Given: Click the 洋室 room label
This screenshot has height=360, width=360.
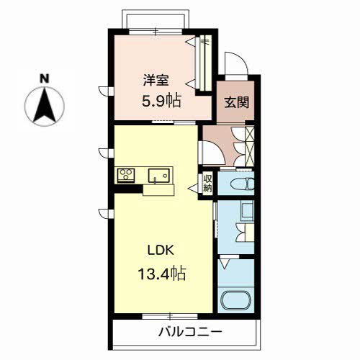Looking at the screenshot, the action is coord(156,80).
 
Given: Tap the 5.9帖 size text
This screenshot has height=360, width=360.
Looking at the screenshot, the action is coord(161,101).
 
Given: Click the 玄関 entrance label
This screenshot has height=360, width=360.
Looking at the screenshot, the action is coord(236,102).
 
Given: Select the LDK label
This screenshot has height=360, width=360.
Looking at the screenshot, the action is coord(161,251).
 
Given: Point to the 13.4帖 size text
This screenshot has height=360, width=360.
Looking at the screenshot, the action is coord(162,274).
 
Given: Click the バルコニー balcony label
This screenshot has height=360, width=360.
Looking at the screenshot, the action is coord(190,332).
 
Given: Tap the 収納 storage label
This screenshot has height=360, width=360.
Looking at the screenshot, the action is coord(207,183).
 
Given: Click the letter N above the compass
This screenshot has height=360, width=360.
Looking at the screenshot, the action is coord(44,78).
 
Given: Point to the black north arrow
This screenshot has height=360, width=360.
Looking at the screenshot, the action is coord(45,105).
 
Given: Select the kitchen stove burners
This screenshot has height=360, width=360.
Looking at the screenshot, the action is coord(126,176).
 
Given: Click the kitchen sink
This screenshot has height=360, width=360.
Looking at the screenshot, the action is coord(158,176).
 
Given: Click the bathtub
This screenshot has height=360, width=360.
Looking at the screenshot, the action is coord(236,301).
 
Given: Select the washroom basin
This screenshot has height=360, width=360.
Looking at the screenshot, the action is coord(247,211).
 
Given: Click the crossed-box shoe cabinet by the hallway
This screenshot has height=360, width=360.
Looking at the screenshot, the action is coord(250,146).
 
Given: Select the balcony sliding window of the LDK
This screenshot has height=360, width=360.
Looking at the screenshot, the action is coord(170,316).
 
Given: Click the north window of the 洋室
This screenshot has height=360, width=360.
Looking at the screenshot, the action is coord(156,32).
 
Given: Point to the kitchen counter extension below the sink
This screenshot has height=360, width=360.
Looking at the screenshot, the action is coord(158,190).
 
